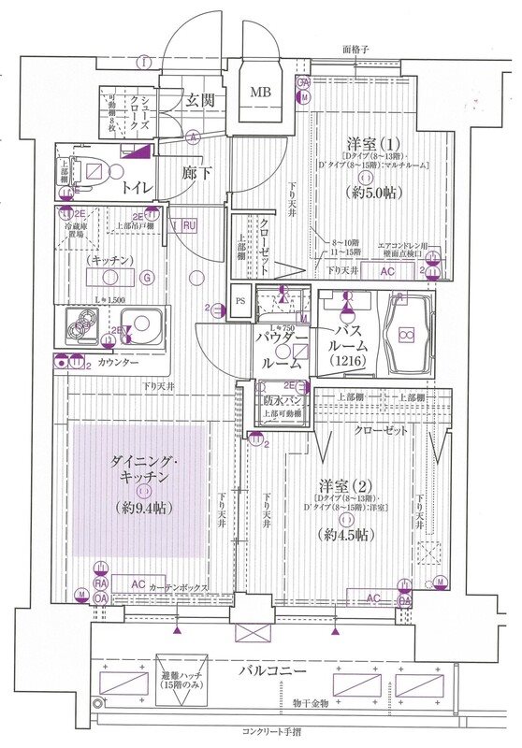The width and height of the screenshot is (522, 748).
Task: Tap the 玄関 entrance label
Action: coord(198,100)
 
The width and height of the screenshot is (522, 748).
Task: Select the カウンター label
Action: coord(116,361)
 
